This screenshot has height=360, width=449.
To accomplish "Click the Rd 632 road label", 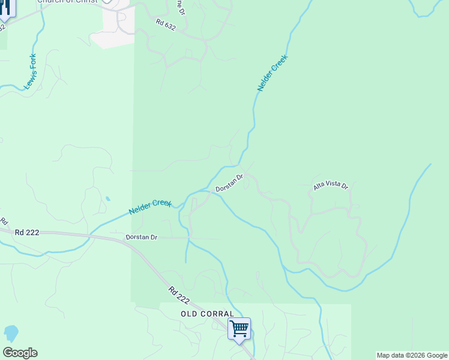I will pyautogui.click(x=165, y=26).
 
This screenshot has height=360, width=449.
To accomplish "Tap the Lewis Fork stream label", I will pyautogui.click(x=31, y=73).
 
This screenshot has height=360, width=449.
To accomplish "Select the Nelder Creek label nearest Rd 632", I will pyautogui.click(x=273, y=73).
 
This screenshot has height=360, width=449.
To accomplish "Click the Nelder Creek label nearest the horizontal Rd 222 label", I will pyautogui.click(x=150, y=207).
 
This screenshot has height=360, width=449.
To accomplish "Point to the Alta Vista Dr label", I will pyautogui.click(x=330, y=186).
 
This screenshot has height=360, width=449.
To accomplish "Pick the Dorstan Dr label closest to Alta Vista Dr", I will pyautogui.click(x=229, y=184).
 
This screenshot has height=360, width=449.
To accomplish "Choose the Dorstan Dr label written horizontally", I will pyautogui.click(x=141, y=238).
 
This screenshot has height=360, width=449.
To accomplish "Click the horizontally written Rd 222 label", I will pyautogui.click(x=27, y=232).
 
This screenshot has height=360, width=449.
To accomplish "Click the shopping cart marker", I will pyautogui.click(x=239, y=329).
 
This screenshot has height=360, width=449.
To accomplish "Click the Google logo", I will pyautogui.click(x=20, y=353).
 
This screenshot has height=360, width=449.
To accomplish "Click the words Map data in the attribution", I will pyautogui.click(x=390, y=355).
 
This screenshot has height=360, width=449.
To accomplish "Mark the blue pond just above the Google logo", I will pyautogui.click(x=11, y=333).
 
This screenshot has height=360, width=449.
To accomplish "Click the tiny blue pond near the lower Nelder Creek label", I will pyautogui.click(x=107, y=199).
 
